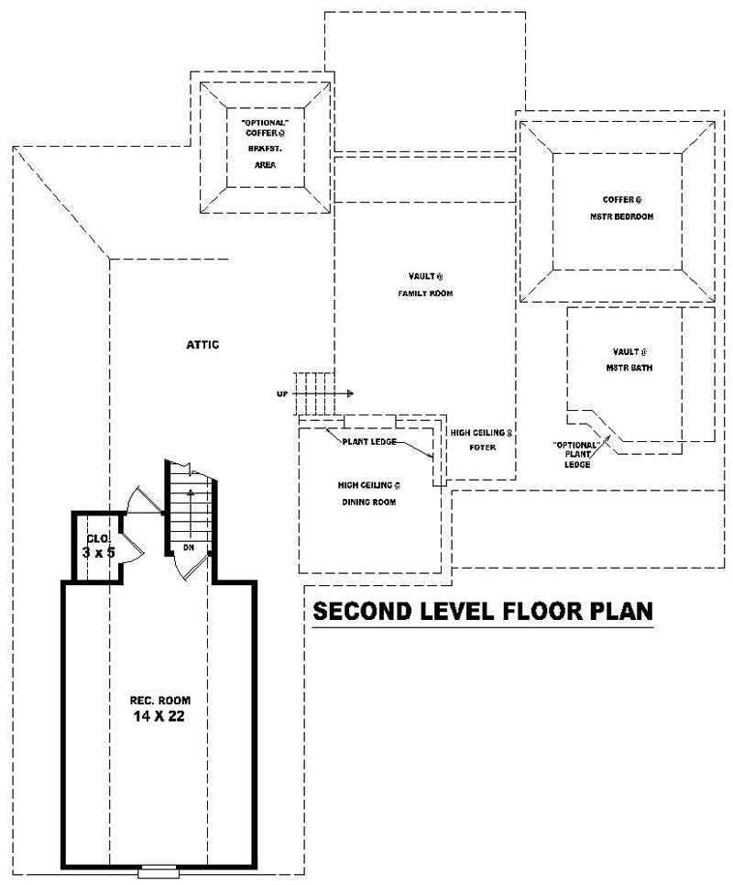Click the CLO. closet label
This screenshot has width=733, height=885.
click(x=96, y=539)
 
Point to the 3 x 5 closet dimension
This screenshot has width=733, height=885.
click(x=96, y=554)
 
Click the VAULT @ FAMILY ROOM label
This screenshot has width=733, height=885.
click(x=425, y=284)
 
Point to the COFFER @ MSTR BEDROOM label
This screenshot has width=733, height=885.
click(x=621, y=207)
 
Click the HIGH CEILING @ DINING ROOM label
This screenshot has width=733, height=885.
click(x=368, y=492)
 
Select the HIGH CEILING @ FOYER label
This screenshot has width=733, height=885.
click(x=479, y=439)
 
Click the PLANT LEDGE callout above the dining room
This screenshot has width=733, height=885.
click(x=368, y=441)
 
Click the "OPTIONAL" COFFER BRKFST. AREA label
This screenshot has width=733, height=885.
click(x=264, y=143)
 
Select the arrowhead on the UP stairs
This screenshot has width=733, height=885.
click(x=350, y=393)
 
